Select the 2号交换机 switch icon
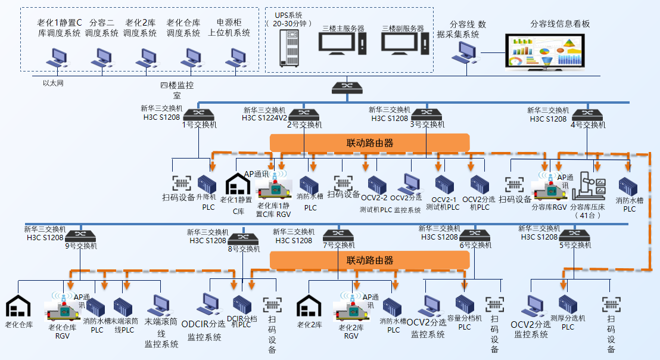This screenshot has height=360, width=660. pyautogui.click(x=304, y=114)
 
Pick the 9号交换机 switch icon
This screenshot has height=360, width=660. pyautogui.click(x=77, y=235)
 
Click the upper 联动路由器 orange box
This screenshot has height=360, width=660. pyautogui.click(x=370, y=143)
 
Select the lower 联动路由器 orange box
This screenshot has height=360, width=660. pyautogui.click(x=370, y=260)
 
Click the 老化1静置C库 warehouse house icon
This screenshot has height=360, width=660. pyautogui.click(x=237, y=184)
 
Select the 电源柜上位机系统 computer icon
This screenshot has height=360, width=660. pyautogui.click(x=235, y=57)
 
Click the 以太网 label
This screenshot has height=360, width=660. pyautogui.click(x=53, y=83)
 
